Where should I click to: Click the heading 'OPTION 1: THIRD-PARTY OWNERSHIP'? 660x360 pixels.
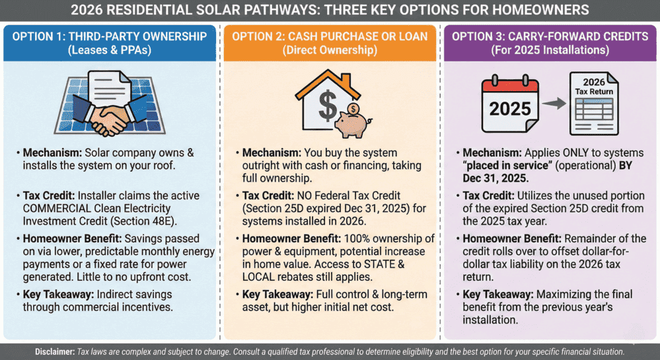(110, 37)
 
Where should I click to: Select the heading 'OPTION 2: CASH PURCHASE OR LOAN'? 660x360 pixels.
(330, 37)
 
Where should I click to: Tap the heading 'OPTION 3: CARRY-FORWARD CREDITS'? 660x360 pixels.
(550, 37)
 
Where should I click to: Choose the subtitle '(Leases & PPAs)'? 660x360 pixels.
(110, 50)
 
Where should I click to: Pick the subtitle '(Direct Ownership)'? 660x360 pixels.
(330, 50)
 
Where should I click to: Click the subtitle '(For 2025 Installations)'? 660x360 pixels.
(550, 50)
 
